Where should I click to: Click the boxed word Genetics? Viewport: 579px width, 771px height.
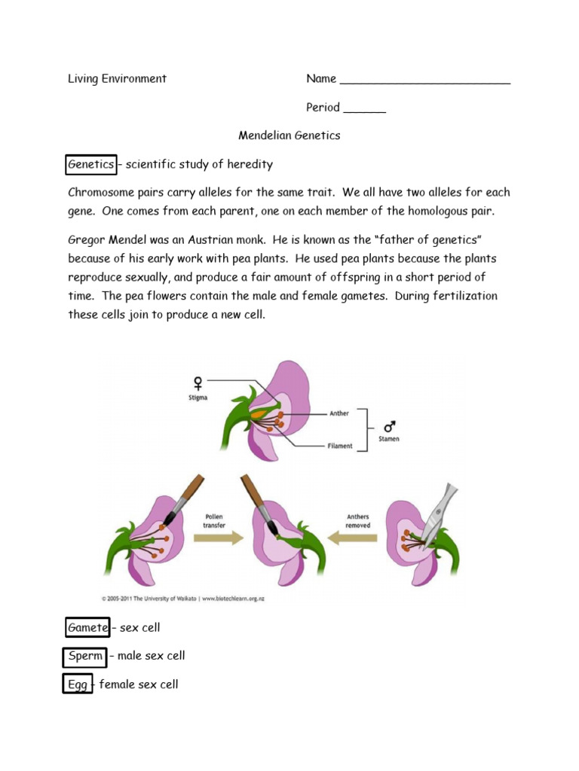click(91, 164)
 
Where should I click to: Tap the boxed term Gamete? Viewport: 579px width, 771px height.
click(87, 627)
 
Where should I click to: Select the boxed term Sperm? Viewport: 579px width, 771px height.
click(85, 656)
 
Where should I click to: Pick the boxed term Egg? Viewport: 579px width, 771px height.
click(78, 684)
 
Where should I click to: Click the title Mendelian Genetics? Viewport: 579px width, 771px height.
click(289, 136)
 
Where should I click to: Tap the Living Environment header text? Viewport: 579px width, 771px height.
click(117, 79)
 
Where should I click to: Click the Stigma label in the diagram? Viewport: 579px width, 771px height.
click(198, 397)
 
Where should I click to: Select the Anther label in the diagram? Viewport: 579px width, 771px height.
click(339, 413)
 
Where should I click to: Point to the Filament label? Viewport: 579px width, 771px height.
click(340, 446)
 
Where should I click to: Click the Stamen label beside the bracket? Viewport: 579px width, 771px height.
click(388, 439)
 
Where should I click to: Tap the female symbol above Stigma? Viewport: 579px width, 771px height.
click(198, 381)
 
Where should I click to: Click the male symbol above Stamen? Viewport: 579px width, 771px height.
click(389, 425)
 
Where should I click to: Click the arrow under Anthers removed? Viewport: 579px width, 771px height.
click(356, 537)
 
